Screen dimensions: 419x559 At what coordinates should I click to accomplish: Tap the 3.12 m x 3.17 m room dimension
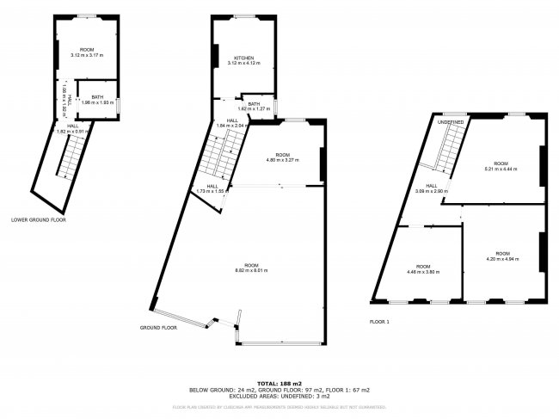(86, 55)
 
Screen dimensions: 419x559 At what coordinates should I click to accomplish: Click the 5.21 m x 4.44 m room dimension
(501, 169)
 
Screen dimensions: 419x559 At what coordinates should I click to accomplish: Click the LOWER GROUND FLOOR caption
(39, 219)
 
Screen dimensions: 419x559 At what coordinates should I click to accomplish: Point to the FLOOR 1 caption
(379, 321)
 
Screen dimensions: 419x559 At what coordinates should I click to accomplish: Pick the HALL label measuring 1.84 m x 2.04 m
(231, 123)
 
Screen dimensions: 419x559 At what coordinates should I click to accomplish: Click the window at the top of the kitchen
(244, 19)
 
